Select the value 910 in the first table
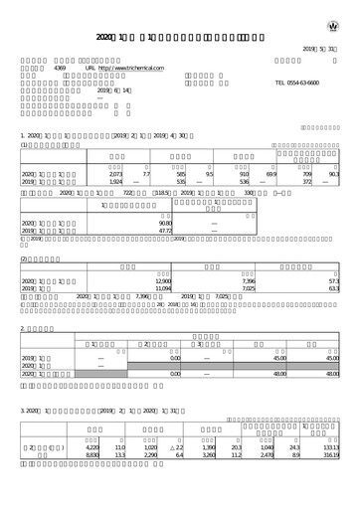point(244,175)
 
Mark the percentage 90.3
point(337,175)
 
